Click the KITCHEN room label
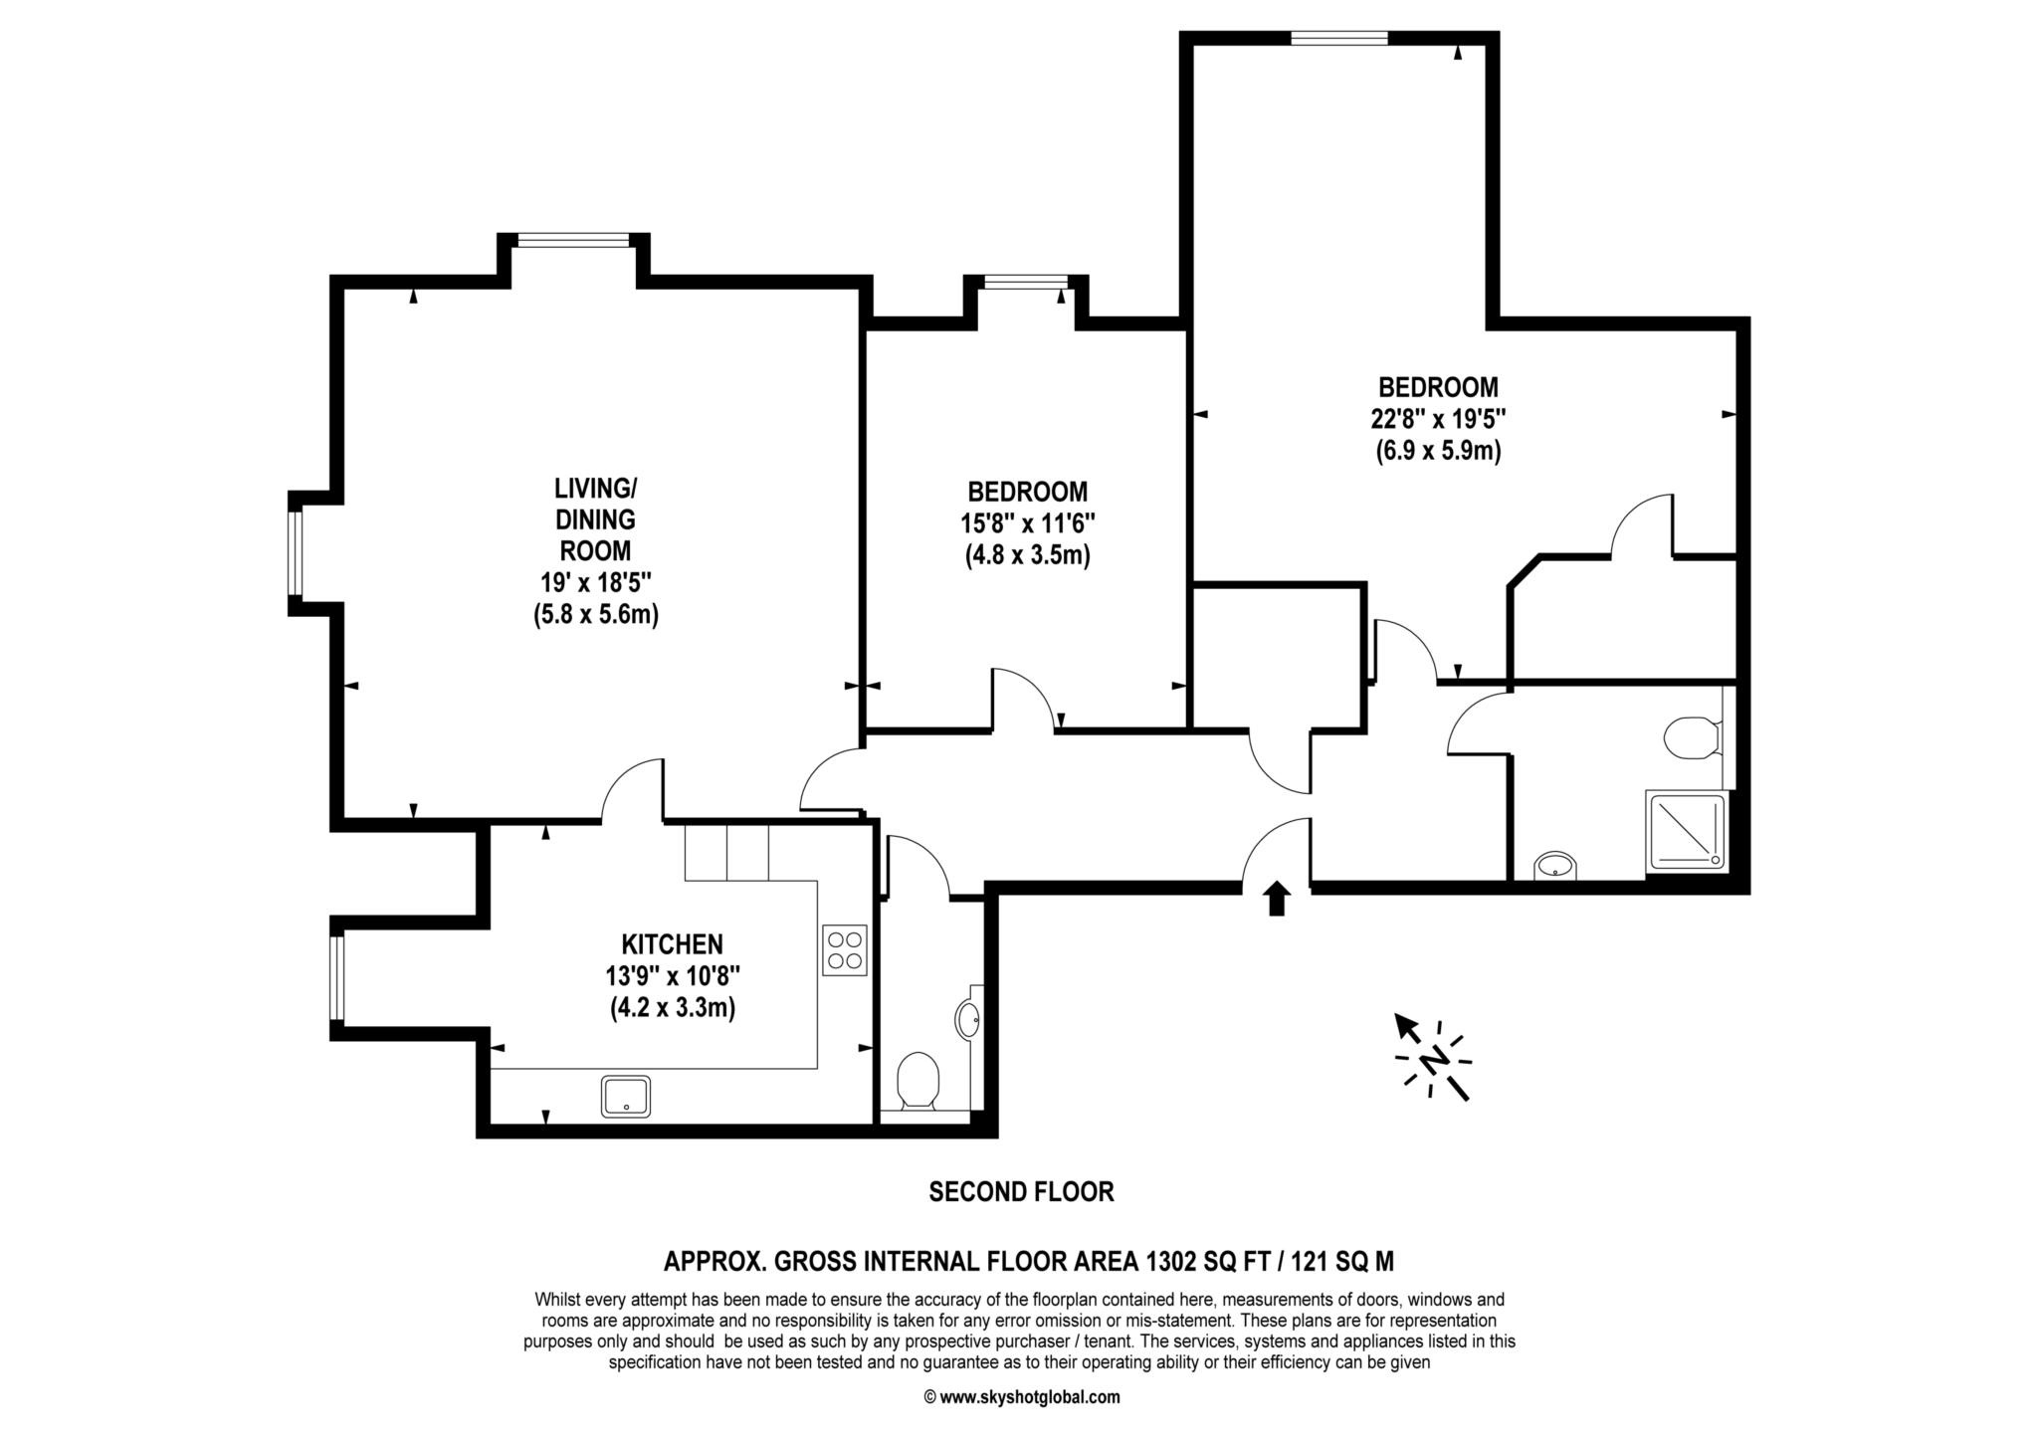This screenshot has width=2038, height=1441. (x=672, y=943)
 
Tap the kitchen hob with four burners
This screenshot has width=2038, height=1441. (x=845, y=949)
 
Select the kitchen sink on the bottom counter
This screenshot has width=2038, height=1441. (x=626, y=1096)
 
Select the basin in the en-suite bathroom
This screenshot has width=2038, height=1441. (x=1555, y=866)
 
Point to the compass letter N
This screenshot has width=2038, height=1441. (x=1433, y=1061)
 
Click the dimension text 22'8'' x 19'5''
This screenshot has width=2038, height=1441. (x=1438, y=418)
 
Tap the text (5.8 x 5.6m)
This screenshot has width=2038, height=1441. (x=595, y=614)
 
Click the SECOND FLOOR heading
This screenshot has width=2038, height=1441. (x=1021, y=1191)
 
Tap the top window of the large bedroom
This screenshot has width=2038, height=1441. (x=1338, y=38)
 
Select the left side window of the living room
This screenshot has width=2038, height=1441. (x=295, y=552)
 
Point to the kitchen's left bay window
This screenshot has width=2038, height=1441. (x=337, y=978)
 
